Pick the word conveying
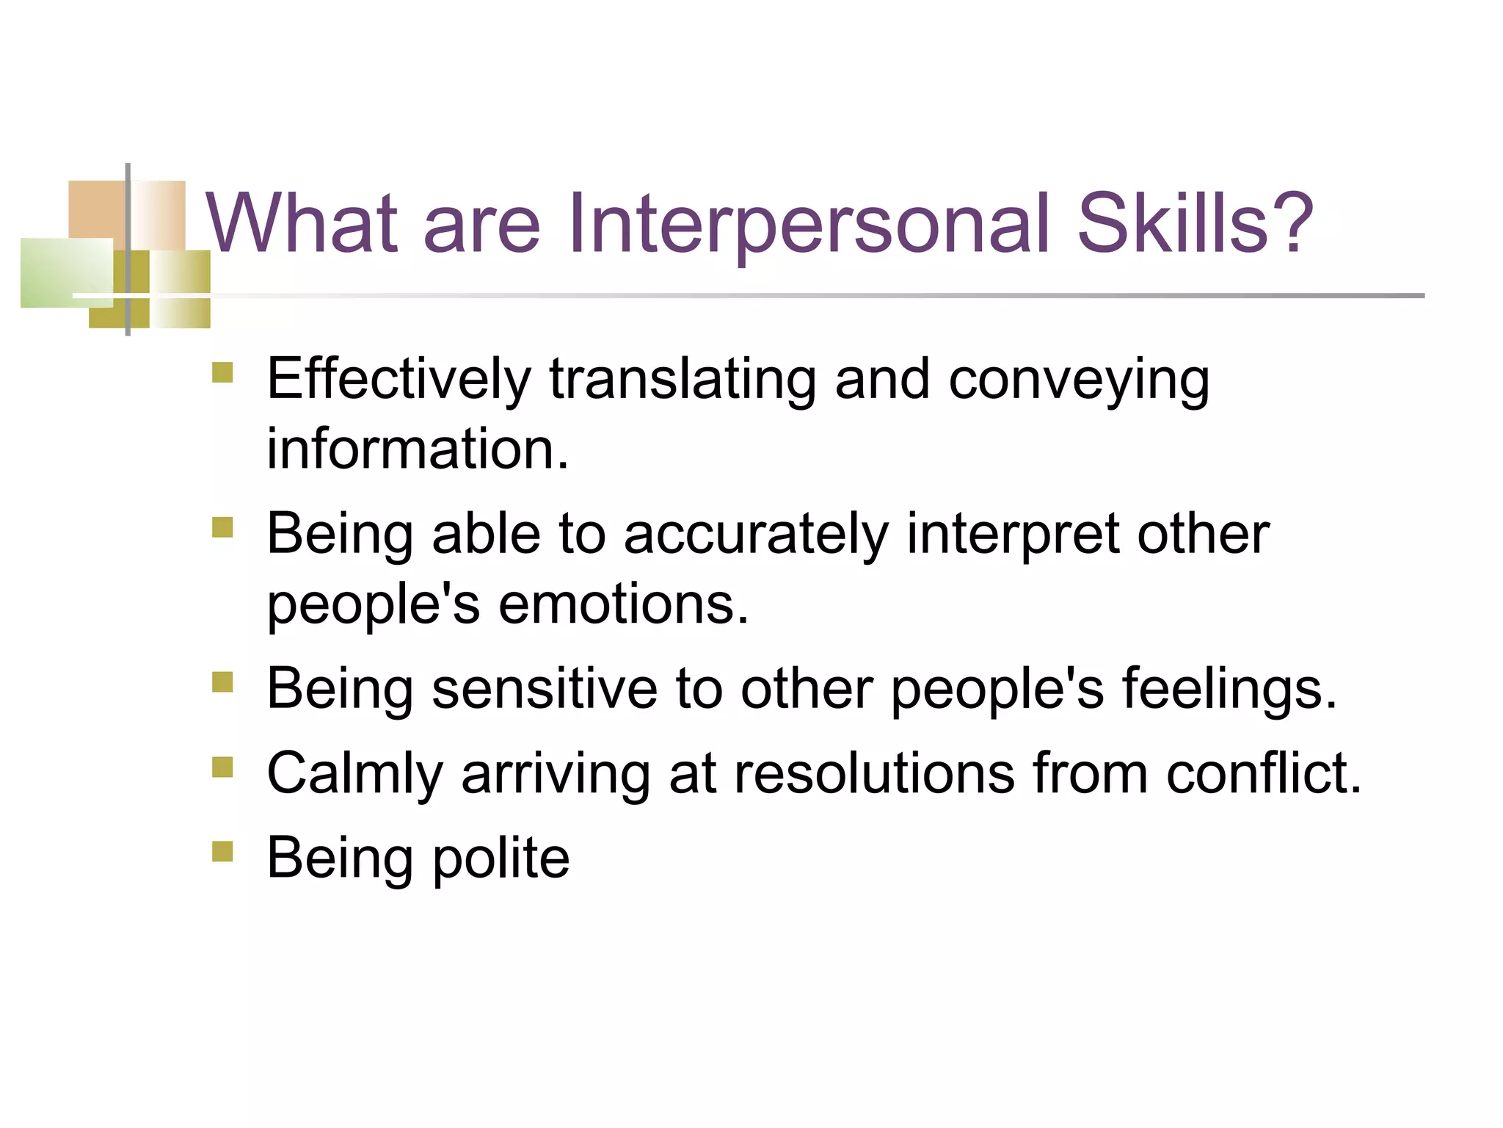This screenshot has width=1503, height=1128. click(1079, 380)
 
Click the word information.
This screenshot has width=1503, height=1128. click(418, 449)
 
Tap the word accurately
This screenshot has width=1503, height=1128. click(756, 534)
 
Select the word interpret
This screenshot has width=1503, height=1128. click(1013, 534)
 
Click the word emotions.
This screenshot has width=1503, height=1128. click(624, 604)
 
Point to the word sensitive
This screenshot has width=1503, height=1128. click(545, 689)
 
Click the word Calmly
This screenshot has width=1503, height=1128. click(354, 774)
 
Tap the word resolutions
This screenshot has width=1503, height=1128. click(874, 774)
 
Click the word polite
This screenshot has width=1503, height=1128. click(501, 858)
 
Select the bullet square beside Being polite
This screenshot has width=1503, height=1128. click(222, 851)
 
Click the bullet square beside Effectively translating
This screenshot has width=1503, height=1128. click(222, 372)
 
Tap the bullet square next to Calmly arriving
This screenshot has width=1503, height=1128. click(222, 767)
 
